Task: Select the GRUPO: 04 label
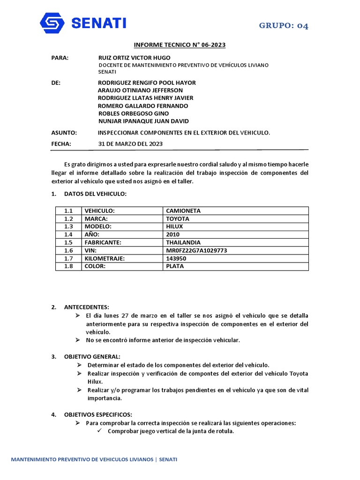[284, 26]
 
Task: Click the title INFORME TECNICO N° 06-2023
[180, 45]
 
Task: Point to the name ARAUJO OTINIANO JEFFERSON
[140, 90]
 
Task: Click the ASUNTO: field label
[64, 133]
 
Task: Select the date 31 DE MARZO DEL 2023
[130, 144]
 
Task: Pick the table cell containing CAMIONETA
[183, 211]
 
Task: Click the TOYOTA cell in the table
[178, 219]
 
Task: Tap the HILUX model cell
[174, 226]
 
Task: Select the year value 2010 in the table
[172, 234]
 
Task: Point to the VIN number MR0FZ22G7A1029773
[196, 250]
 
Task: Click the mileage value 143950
[176, 258]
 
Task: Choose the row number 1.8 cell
[69, 266]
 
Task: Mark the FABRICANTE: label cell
[103, 242]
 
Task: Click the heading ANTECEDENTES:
[86, 307]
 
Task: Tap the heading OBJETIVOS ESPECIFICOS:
[98, 414]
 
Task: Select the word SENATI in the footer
[168, 460]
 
